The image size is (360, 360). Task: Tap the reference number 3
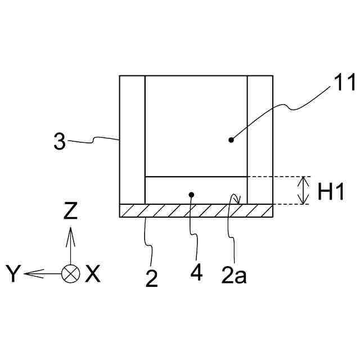(x=60, y=141)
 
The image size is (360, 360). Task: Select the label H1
(x=331, y=192)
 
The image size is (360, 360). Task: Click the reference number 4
(x=196, y=272)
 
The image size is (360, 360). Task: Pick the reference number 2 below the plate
(x=152, y=278)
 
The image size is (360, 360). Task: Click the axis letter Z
(x=70, y=211)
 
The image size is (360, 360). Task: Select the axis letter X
(x=93, y=274)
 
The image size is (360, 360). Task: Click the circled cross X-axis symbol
(x=70, y=274)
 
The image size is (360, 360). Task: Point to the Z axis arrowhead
(x=70, y=231)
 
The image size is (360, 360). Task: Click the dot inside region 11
(x=230, y=138)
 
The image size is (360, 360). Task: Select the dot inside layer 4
(x=192, y=195)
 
